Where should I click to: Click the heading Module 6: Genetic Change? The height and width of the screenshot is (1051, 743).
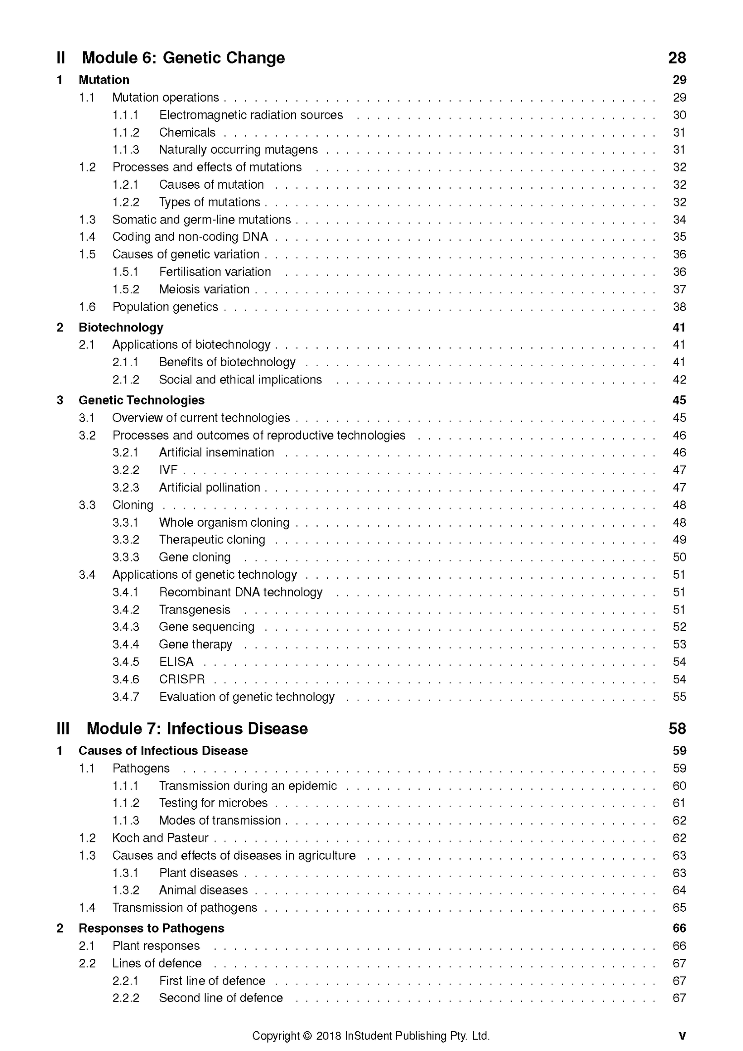(183, 58)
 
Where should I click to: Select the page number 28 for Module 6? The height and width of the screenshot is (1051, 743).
(677, 58)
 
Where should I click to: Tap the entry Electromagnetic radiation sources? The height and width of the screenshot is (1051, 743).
(251, 115)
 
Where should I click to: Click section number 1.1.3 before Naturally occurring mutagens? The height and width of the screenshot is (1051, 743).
(126, 150)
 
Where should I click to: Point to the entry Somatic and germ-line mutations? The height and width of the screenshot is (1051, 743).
(202, 220)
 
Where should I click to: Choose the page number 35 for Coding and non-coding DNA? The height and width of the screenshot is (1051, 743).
(679, 237)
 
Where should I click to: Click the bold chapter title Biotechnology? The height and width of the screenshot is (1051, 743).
(121, 327)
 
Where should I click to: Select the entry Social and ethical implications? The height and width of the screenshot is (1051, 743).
(240, 380)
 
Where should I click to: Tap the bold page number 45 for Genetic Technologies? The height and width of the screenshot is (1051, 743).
(679, 400)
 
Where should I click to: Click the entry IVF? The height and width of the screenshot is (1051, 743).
(168, 470)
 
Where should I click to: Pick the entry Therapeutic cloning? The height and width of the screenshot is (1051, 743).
(212, 540)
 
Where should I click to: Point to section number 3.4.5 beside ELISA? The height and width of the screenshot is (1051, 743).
(126, 662)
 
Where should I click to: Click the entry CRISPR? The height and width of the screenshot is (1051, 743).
(182, 679)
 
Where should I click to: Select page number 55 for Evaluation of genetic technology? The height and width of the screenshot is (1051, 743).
(679, 697)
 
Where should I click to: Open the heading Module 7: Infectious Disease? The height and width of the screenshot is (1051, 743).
(197, 728)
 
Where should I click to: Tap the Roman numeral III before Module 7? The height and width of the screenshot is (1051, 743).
(63, 728)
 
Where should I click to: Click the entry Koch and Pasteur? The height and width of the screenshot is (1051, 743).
(160, 838)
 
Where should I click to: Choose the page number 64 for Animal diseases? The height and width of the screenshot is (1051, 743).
(679, 890)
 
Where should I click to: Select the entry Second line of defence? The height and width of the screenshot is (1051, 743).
(221, 998)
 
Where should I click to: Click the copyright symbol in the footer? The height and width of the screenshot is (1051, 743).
(307, 1036)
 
